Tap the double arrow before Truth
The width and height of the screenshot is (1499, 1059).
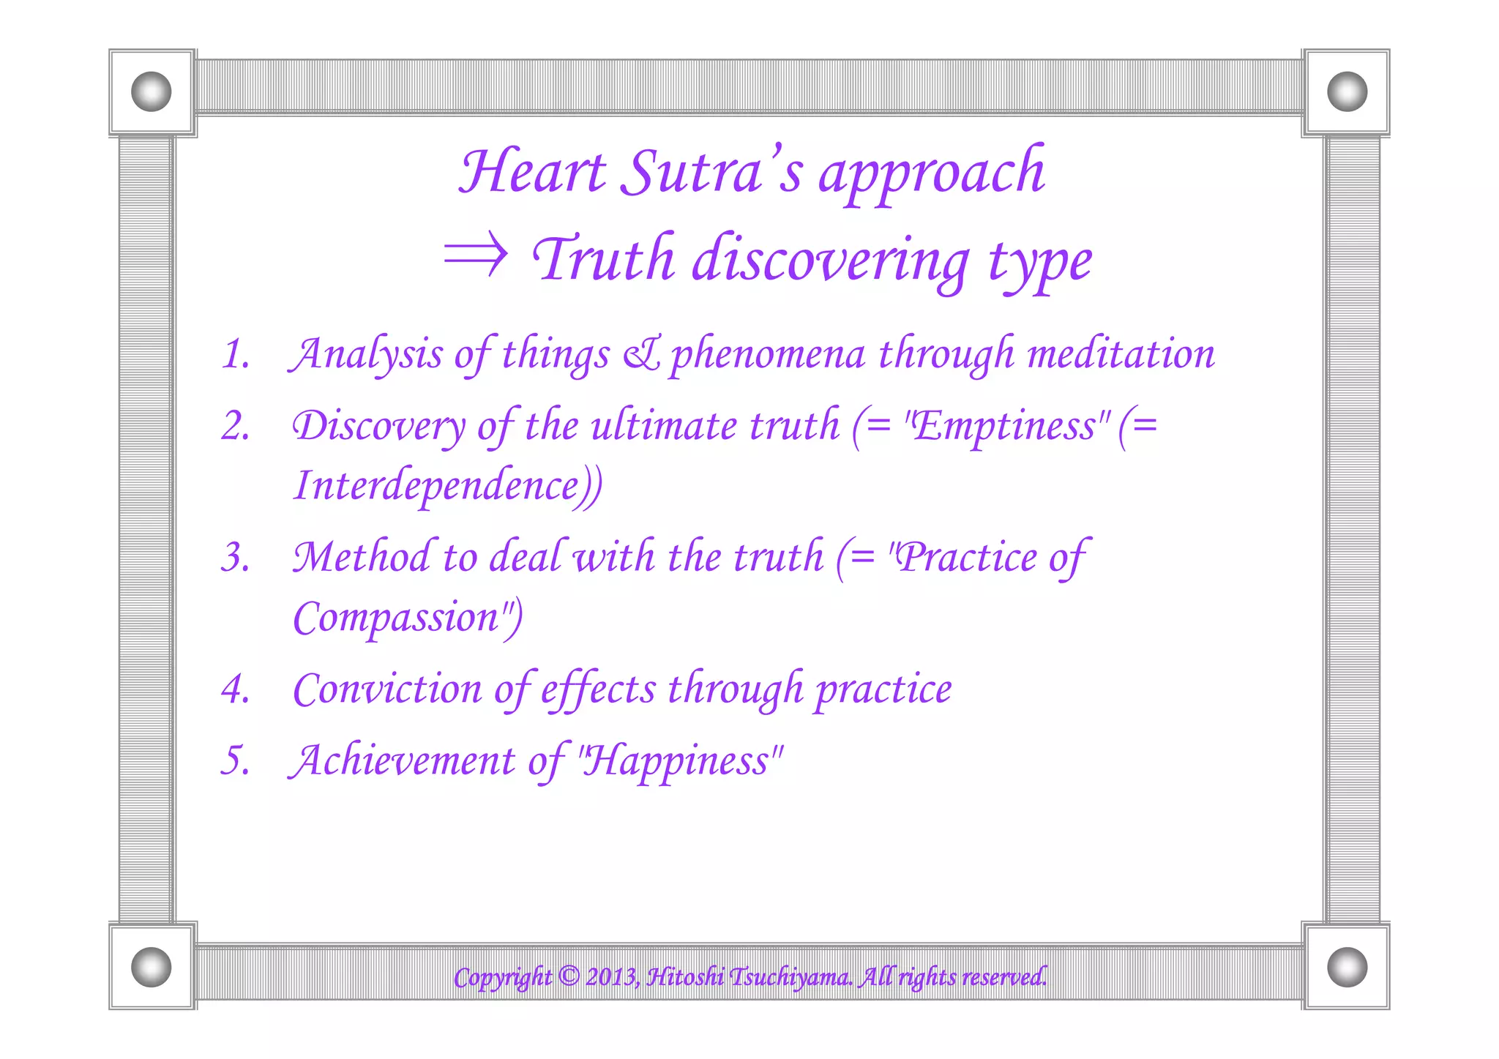(476, 255)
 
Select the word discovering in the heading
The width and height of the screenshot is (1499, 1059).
(831, 260)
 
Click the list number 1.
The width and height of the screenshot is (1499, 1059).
(235, 354)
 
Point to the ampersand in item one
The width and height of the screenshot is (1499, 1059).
(641, 354)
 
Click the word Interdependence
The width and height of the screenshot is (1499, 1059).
(437, 485)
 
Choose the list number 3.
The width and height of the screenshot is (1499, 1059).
(235, 558)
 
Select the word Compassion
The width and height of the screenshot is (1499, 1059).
(396, 617)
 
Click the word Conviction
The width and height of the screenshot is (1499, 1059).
(387, 689)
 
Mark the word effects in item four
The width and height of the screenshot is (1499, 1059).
(598, 689)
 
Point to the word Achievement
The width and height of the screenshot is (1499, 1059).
(402, 760)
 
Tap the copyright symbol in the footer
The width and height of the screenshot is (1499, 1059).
(569, 976)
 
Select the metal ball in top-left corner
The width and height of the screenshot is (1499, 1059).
(152, 92)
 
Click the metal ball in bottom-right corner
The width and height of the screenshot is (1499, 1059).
(1347, 967)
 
